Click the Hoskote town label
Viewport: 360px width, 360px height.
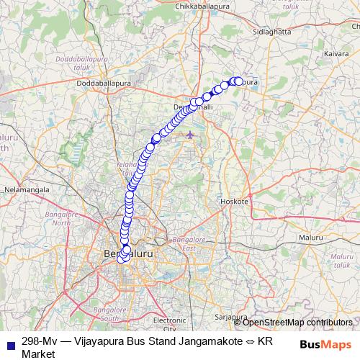point(235,201)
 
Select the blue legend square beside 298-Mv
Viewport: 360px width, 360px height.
point(9,343)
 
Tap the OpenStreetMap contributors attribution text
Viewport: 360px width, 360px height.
point(297,323)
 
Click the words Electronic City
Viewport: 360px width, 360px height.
point(170,323)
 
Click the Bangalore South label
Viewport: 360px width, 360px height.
point(100,313)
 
